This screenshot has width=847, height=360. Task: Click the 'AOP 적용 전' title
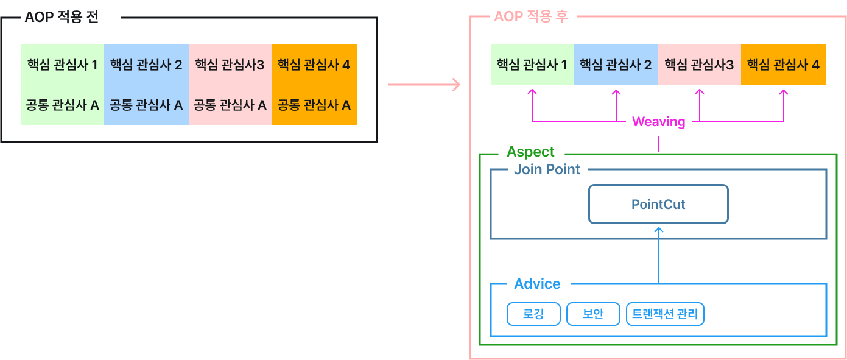click(61, 17)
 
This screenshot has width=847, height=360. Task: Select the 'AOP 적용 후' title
click(531, 16)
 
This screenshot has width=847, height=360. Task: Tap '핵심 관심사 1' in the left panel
click(63, 65)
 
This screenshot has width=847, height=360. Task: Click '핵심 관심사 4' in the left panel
click(314, 65)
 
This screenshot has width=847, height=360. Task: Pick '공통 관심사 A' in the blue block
click(146, 105)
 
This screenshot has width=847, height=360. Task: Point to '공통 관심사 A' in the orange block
click(314, 105)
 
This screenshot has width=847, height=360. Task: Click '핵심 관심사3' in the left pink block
click(230, 65)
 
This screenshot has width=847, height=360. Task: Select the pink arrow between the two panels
click(424, 85)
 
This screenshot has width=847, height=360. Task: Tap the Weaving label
click(659, 122)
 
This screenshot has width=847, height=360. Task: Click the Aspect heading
click(530, 152)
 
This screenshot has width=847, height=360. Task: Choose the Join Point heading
click(547, 169)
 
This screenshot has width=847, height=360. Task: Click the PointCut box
click(658, 205)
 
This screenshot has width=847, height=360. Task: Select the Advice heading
click(537, 284)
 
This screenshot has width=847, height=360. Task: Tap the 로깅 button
click(533, 314)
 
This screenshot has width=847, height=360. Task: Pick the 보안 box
click(593, 314)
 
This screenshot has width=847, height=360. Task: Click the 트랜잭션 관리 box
click(665, 314)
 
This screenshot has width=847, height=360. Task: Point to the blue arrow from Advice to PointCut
click(658, 256)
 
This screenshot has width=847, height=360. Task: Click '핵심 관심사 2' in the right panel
click(616, 65)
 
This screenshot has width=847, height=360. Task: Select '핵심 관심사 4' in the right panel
click(783, 65)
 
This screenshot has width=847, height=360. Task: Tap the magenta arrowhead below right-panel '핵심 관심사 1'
click(532, 92)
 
